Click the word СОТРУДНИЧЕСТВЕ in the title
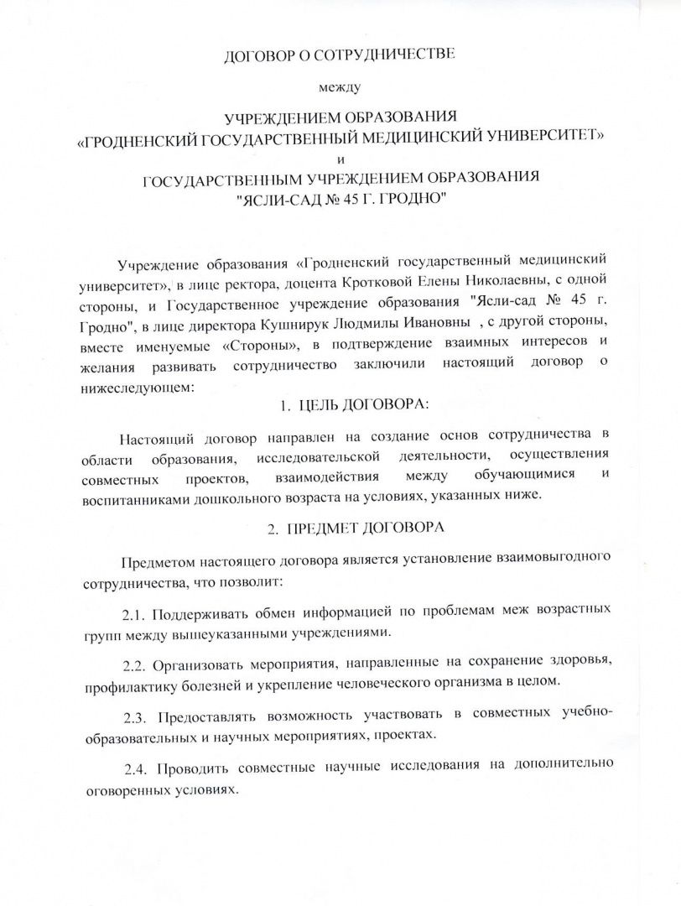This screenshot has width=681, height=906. tap(387, 56)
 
